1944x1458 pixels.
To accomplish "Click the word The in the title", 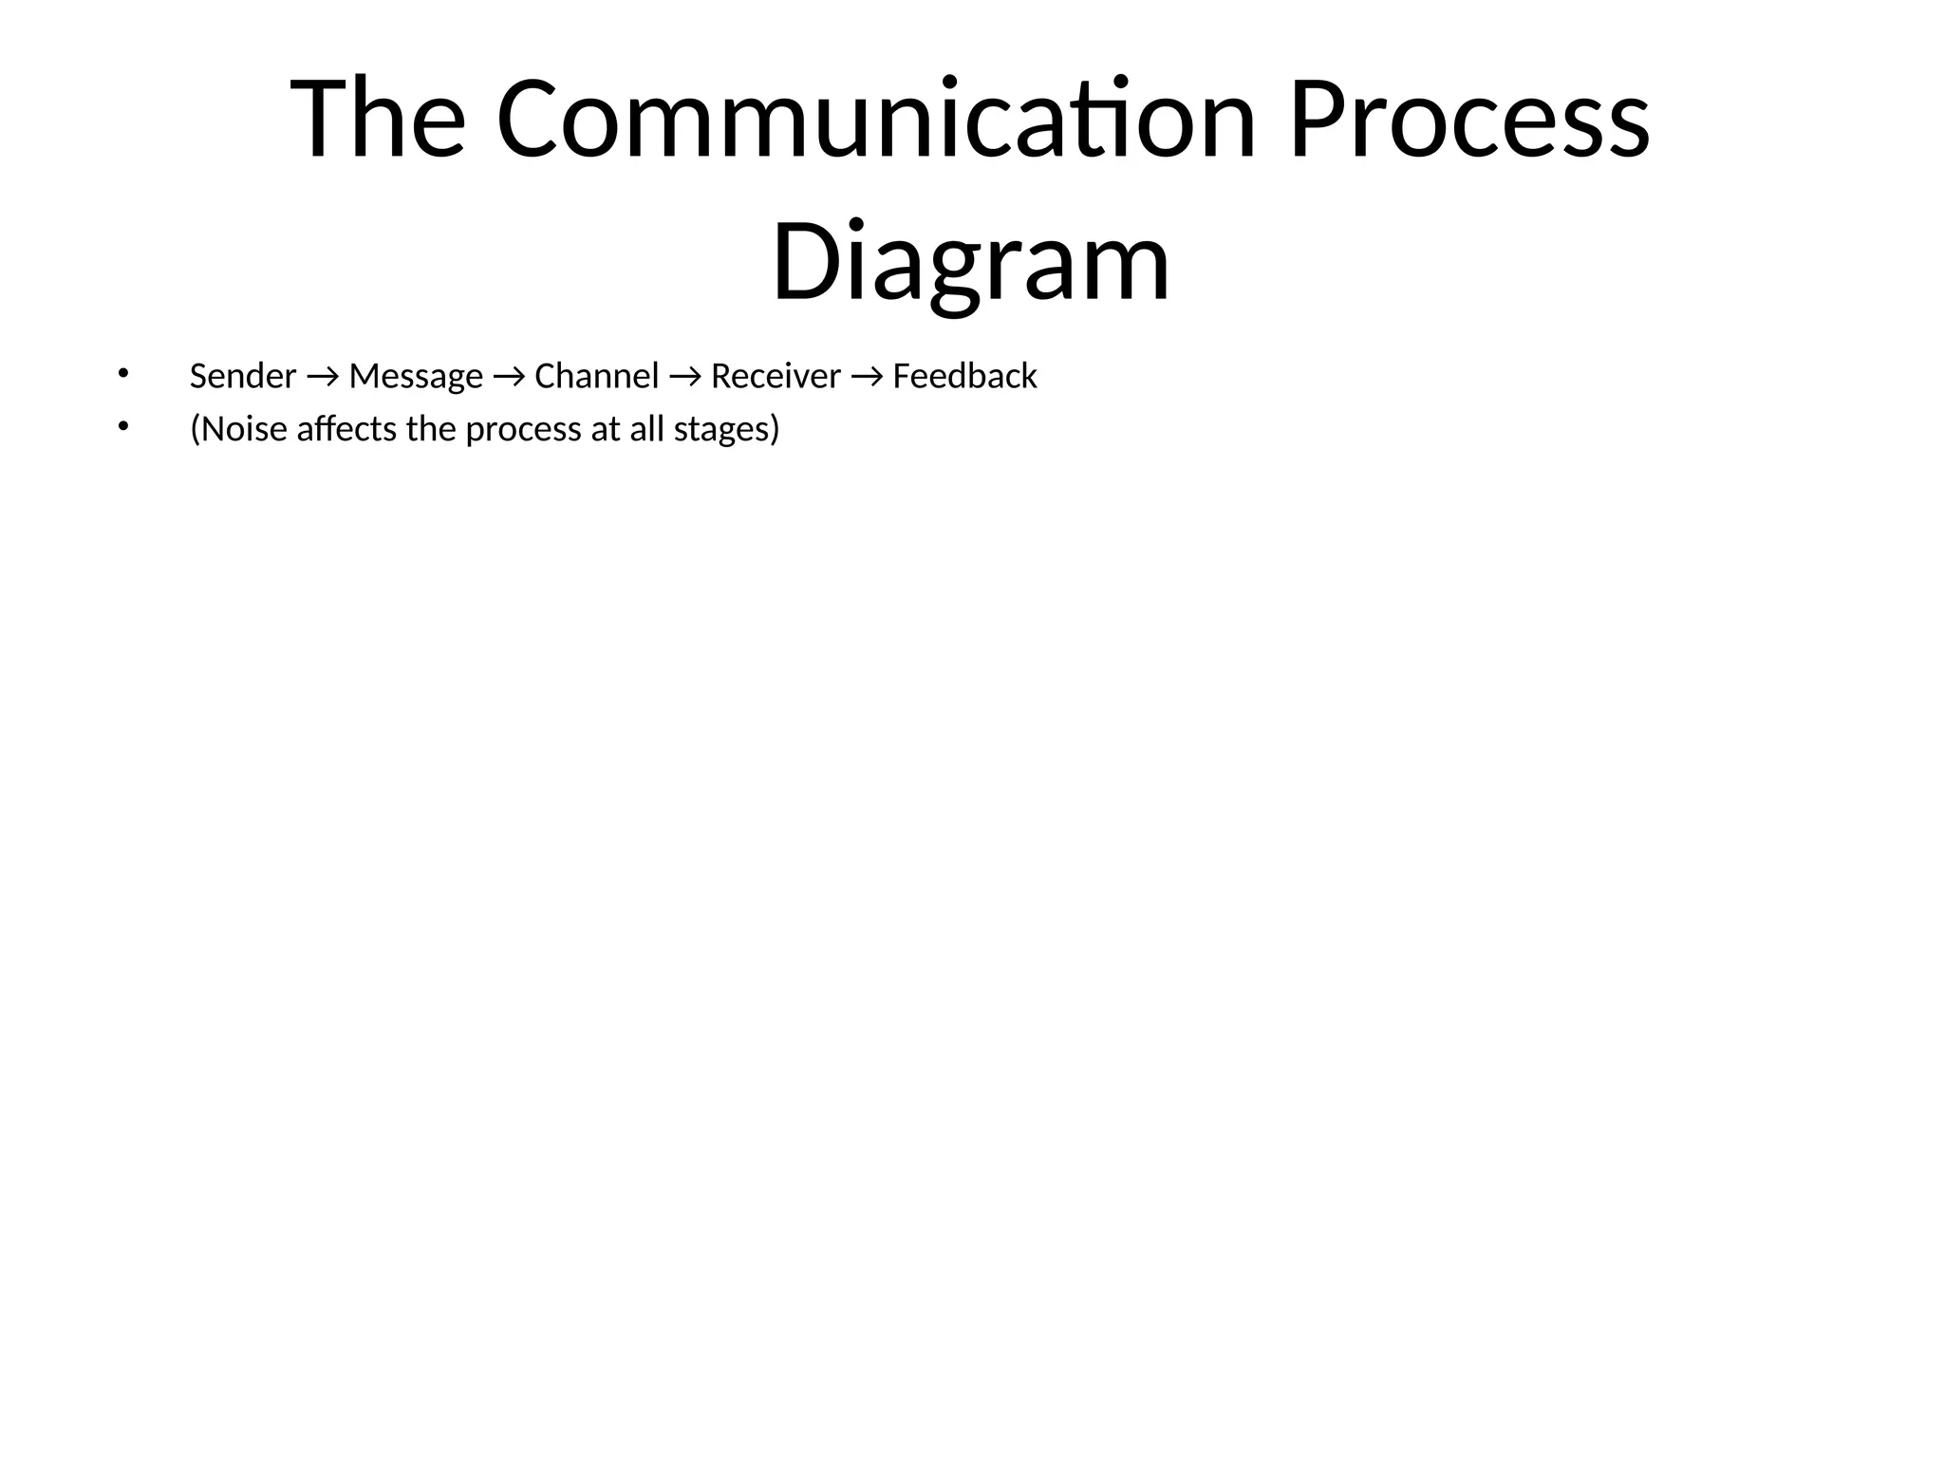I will [377, 121].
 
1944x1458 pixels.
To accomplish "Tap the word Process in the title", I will [1469, 121].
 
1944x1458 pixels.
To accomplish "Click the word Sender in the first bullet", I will [243, 377].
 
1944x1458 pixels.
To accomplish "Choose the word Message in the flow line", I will [416, 377].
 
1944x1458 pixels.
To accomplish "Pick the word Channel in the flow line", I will [596, 377].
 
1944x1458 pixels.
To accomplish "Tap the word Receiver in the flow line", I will [776, 377].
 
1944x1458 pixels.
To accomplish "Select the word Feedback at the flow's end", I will [964, 377].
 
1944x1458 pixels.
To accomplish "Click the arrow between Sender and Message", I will [323, 378].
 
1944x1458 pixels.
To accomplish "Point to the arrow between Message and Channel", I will [509, 378].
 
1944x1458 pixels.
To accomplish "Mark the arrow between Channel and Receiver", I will [684, 378].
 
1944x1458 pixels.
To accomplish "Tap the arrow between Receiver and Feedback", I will [867, 378].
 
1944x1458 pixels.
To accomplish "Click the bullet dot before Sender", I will [121, 374].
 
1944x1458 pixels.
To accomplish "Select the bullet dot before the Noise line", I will [121, 427].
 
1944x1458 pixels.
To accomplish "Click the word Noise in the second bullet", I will [244, 430].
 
